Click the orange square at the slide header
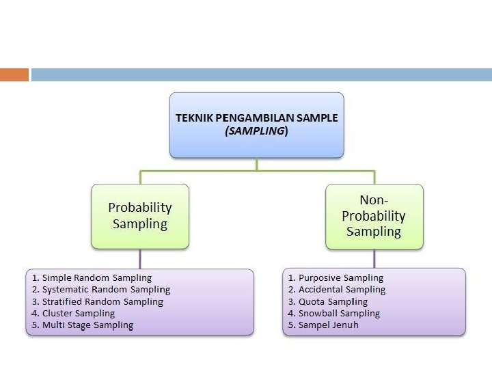point(14,74)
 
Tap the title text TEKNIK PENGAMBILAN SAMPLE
point(256,118)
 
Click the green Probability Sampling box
point(140,215)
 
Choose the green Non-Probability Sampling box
point(374,216)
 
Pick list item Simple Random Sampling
point(96,278)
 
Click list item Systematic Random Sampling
point(106,290)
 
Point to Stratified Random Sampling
point(102,301)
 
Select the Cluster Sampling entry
point(78,314)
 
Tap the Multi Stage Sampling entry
point(87,325)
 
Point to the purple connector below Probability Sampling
point(140,258)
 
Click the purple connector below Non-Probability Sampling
point(374,258)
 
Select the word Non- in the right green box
point(374,200)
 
